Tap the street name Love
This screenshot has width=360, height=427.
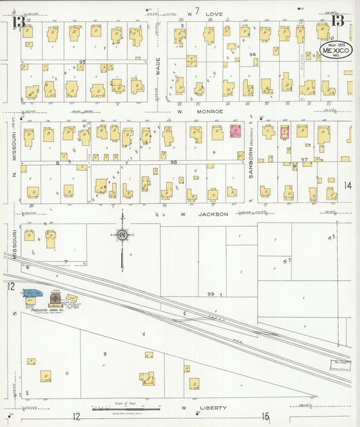pyautogui.click(x=214, y=14)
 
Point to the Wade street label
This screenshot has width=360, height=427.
pyautogui.click(x=157, y=67)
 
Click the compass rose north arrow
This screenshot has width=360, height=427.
pyautogui.click(x=122, y=236)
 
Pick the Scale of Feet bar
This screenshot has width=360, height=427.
pyautogui.click(x=126, y=409)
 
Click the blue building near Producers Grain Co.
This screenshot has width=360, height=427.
pyautogui.click(x=32, y=294)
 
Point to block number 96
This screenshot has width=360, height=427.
pyautogui.click(x=253, y=54)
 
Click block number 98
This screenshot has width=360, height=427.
pyautogui.click(x=173, y=162)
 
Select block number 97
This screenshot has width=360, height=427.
pyautogui.click(x=304, y=160)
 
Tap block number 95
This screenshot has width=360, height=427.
pyautogui.click(x=82, y=62)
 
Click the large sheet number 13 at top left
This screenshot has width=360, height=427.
pyautogui.click(x=18, y=22)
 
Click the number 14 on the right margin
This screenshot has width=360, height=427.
pyautogui.click(x=347, y=185)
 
